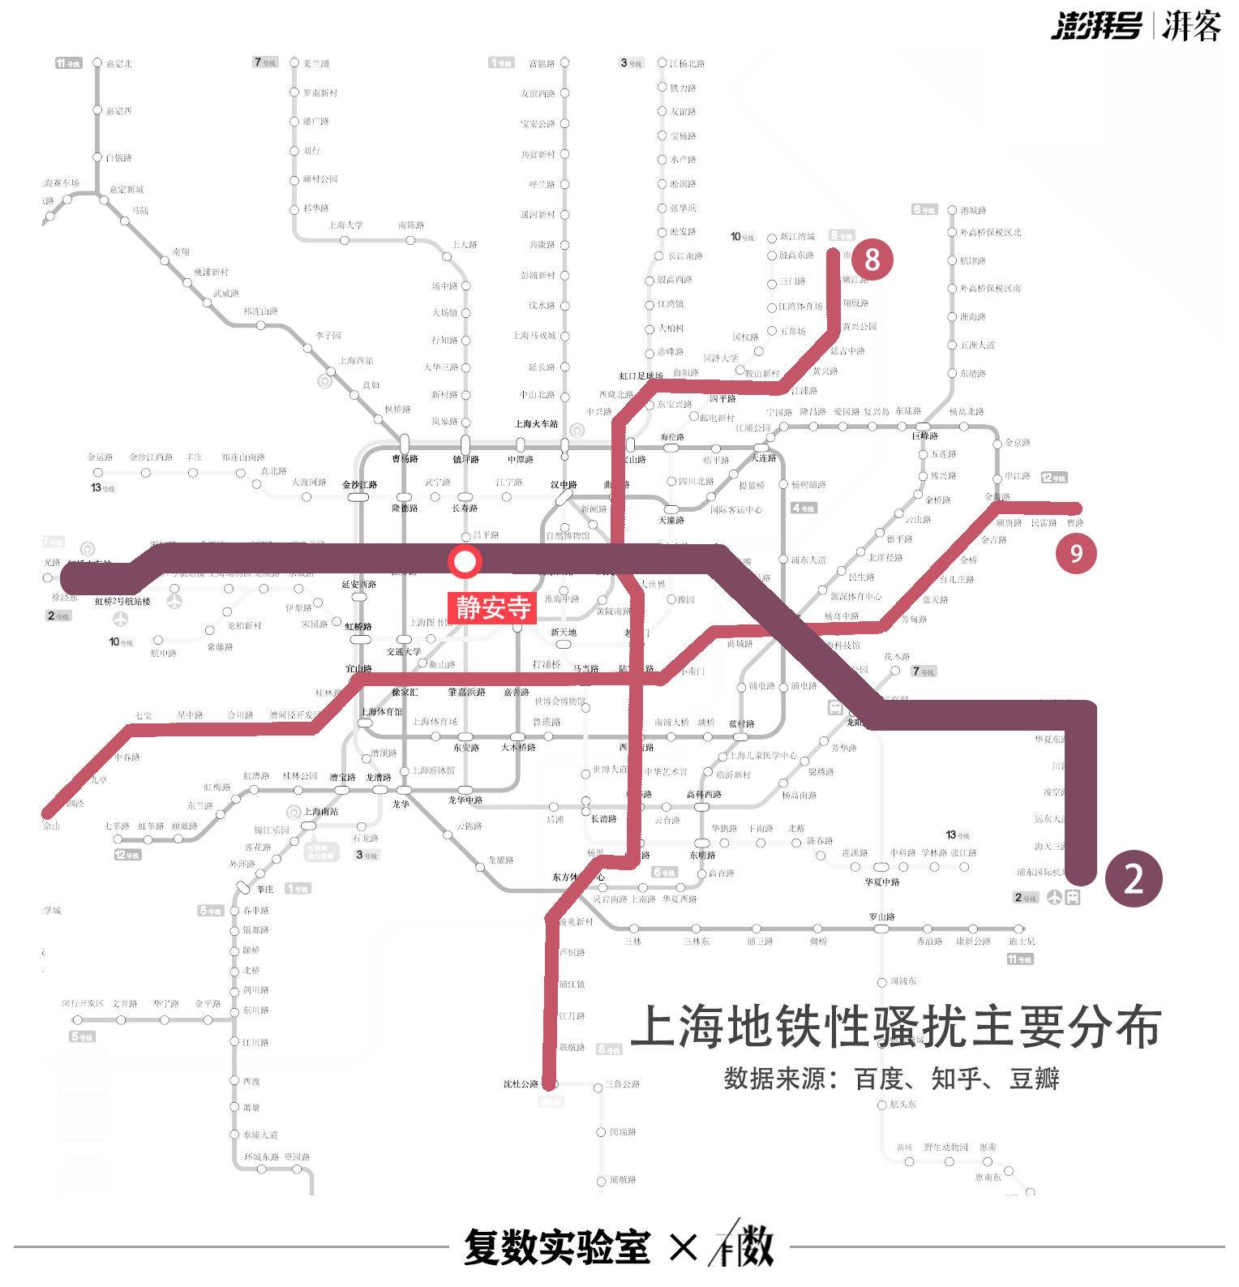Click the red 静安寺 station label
coord(493,607)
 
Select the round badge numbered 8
coord(872,260)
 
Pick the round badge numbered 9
coord(1076,553)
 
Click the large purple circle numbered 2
coord(1134,878)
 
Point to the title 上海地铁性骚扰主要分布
coord(896,1027)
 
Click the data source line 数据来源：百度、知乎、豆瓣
coord(892,1079)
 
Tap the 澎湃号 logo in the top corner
coord(1096,26)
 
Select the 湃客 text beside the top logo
coord(1191,26)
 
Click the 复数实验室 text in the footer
coord(557,1246)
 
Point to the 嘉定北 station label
coord(118,63)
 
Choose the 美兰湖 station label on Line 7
coord(316,63)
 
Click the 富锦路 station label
coord(542,63)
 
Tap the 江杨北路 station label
coord(687,63)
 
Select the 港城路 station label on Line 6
coord(973,210)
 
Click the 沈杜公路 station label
coord(521,1083)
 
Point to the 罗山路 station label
coord(882,916)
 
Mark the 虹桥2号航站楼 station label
coord(123,602)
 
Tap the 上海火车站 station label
coord(537,424)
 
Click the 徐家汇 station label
coord(405,692)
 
